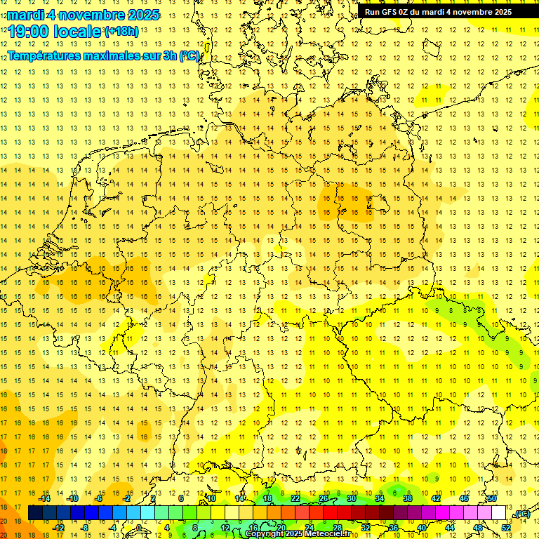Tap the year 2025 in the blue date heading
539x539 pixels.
click(x=142, y=15)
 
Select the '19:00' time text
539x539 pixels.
click(x=29, y=32)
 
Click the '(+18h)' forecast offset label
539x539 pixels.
click(x=121, y=31)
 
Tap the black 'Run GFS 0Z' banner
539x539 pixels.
click(x=438, y=12)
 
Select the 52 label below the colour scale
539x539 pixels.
click(x=505, y=527)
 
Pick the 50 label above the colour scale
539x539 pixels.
click(x=492, y=498)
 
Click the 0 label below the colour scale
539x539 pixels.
click(x=140, y=527)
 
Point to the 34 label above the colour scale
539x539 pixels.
click(x=379, y=498)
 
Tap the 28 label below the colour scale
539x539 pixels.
click(x=337, y=527)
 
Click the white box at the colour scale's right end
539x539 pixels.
click(x=498, y=513)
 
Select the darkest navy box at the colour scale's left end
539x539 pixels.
click(x=35, y=513)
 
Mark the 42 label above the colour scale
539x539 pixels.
click(x=436, y=498)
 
